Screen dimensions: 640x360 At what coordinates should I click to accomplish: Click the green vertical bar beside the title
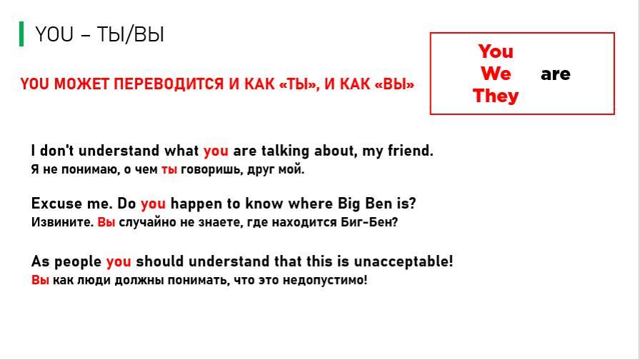[x=21, y=34]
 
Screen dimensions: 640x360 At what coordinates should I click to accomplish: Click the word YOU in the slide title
[x=54, y=34]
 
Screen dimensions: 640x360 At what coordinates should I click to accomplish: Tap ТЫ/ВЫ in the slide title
[x=131, y=34]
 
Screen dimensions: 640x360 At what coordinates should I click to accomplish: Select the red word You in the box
[x=496, y=52]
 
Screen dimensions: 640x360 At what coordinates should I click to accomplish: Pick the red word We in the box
[x=496, y=74]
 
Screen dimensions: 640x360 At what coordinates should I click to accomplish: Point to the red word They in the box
[x=496, y=96]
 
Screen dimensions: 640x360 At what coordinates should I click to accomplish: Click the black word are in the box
[x=556, y=74]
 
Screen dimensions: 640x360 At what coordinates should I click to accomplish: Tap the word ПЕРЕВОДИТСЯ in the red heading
[x=169, y=84]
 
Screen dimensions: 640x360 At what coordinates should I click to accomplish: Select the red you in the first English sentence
[x=216, y=151]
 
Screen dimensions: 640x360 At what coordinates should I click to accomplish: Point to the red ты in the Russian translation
[x=169, y=169]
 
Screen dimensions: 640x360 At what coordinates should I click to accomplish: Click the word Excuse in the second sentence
[x=52, y=204]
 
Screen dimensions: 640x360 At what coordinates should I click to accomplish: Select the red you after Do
[x=154, y=204]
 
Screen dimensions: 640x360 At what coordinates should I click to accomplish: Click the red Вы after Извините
[x=106, y=222]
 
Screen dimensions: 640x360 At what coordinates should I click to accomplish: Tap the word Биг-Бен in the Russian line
[x=369, y=222]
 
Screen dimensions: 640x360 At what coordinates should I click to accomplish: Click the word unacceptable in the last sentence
[x=404, y=261]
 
